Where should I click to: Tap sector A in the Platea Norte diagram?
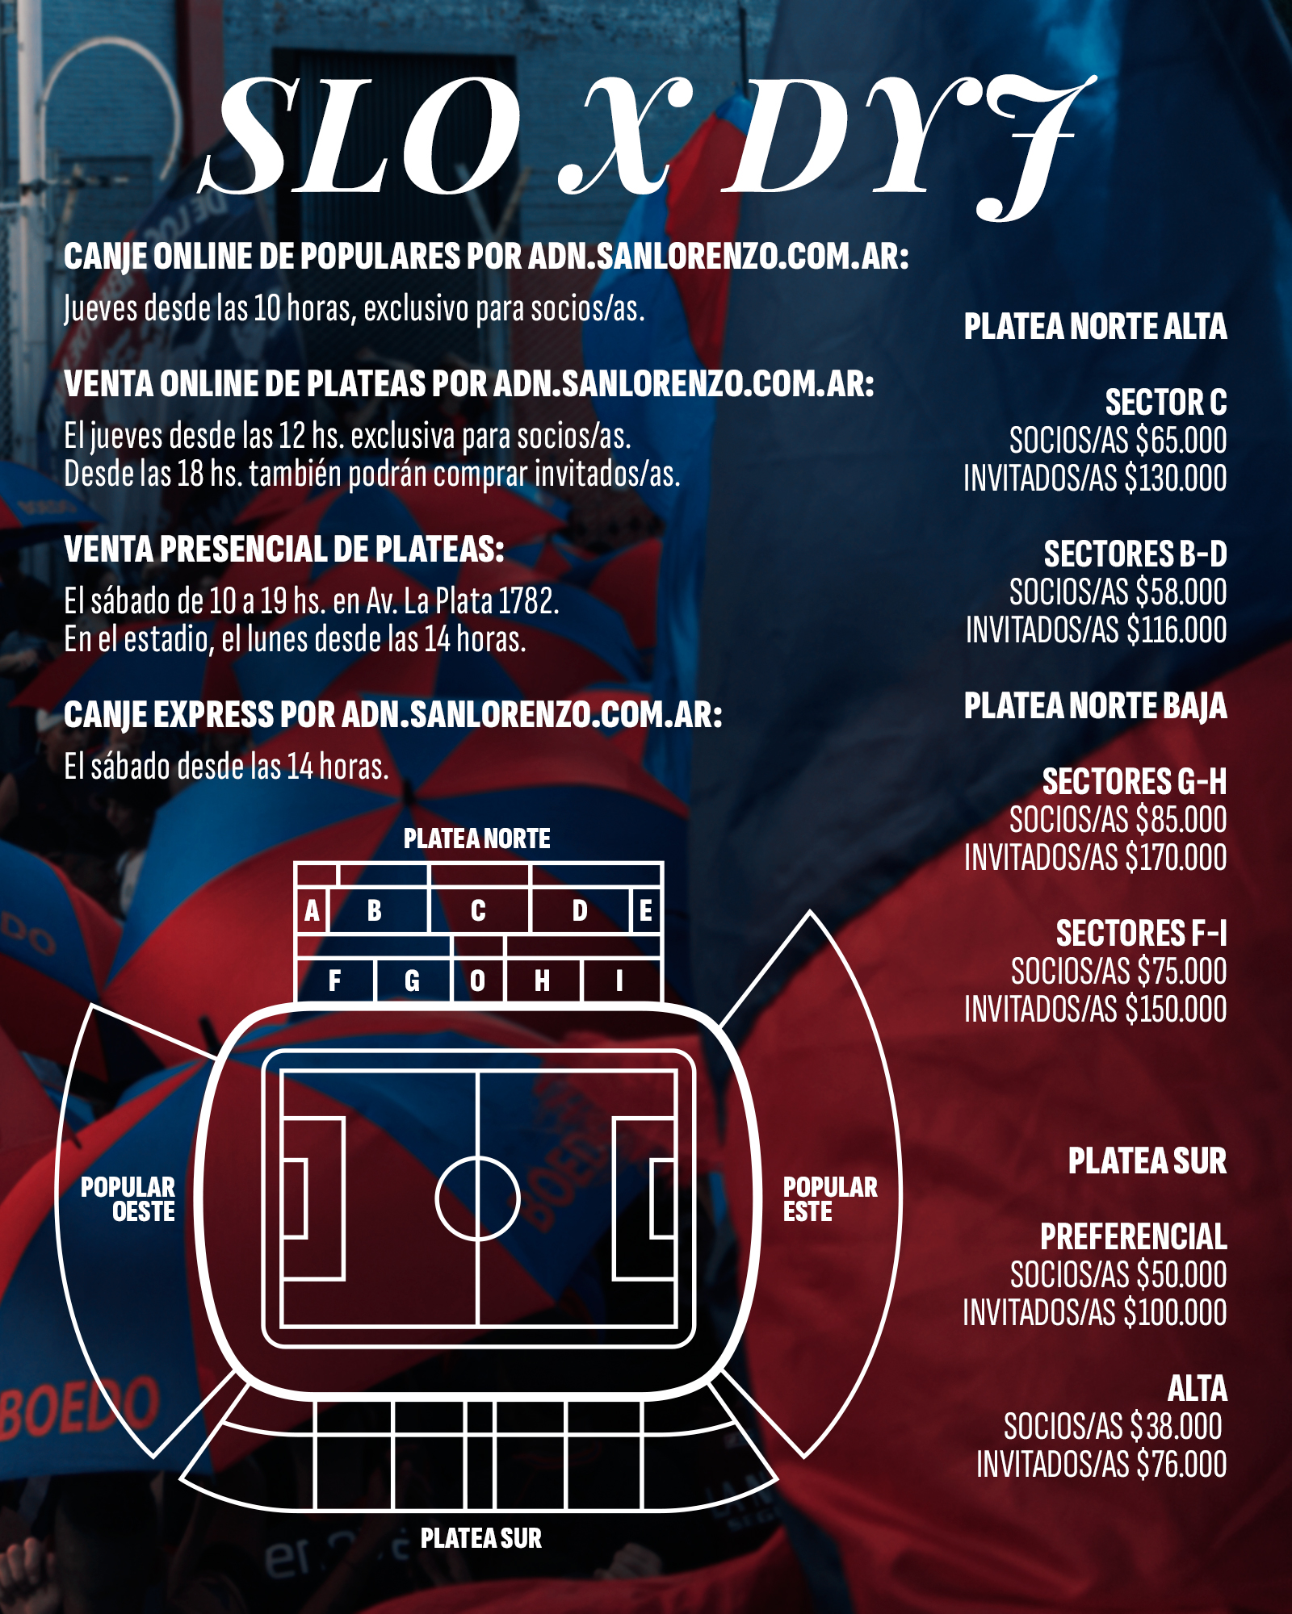[312, 911]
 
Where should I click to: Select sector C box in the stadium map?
[479, 911]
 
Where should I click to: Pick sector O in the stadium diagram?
[478, 981]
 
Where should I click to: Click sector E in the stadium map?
[646, 911]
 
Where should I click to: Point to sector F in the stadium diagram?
[335, 981]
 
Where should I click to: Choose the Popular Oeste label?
[128, 1199]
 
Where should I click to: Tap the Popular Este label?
[829, 1199]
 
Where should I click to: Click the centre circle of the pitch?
[477, 1198]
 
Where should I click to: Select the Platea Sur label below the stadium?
[481, 1539]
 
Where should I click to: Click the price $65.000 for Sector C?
[1181, 441]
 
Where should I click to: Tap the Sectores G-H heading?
[1135, 782]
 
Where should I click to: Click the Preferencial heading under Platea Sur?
[1133, 1237]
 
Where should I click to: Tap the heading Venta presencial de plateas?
[284, 550]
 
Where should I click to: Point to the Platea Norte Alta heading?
[1095, 327]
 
